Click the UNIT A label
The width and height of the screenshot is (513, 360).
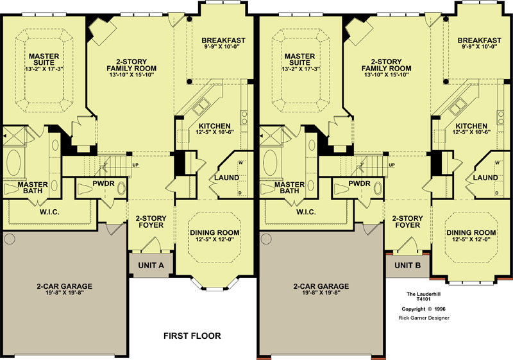click(151, 265)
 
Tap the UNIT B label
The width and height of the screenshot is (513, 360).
click(407, 265)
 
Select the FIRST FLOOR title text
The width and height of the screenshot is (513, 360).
click(192, 336)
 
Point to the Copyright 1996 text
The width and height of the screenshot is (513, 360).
click(424, 309)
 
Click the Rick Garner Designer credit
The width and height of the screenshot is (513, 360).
click(424, 318)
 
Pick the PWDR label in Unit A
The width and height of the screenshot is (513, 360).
click(103, 184)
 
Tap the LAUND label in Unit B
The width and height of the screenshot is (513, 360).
click(485, 178)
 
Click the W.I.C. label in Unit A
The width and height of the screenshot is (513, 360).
click(50, 212)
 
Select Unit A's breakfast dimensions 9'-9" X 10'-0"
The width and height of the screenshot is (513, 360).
click(223, 46)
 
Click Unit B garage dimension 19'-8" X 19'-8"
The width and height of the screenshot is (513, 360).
click(321, 293)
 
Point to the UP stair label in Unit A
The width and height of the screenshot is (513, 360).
click(135, 165)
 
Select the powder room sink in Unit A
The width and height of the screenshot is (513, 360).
click(121, 189)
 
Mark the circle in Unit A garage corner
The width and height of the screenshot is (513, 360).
click(10, 239)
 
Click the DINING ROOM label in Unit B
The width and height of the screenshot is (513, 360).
click(471, 233)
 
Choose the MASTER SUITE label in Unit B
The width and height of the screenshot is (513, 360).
click(300, 59)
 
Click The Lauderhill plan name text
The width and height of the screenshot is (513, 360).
click(423, 294)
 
